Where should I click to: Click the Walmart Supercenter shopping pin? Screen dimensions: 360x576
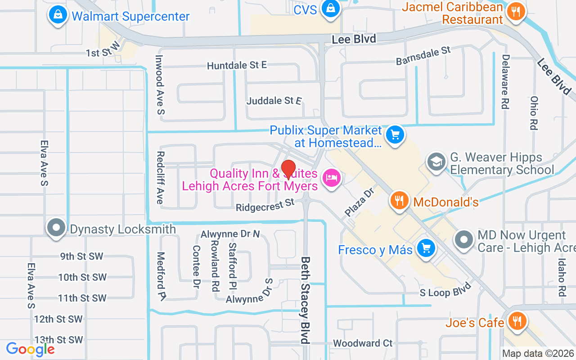coord(58,15)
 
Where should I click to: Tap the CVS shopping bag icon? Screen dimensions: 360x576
coord(330,9)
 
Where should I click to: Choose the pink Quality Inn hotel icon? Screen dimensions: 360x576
coord(332,178)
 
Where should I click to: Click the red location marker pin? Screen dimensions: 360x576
coord(288,169)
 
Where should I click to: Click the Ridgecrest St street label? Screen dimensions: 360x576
coord(265,205)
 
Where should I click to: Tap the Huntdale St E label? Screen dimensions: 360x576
coord(237,66)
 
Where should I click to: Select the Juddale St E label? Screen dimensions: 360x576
coord(274,101)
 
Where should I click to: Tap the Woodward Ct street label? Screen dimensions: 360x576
coord(363,343)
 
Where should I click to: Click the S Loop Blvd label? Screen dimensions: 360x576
coord(445,290)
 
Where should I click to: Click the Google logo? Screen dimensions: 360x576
coord(30,349)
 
